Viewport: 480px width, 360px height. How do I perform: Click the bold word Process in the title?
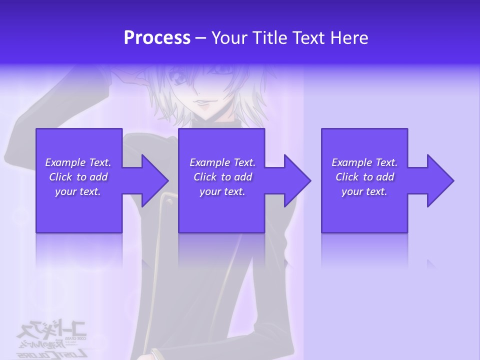157,38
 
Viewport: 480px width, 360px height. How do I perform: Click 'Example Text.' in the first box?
78,162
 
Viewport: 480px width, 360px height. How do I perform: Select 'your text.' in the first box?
78,191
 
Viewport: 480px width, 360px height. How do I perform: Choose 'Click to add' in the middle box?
222,177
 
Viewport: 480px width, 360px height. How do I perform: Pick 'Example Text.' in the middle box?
222,162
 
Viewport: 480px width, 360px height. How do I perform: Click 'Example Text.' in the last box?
364,162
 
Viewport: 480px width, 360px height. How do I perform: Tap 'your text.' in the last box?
364,191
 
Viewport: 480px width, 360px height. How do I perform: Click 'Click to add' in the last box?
364,177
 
